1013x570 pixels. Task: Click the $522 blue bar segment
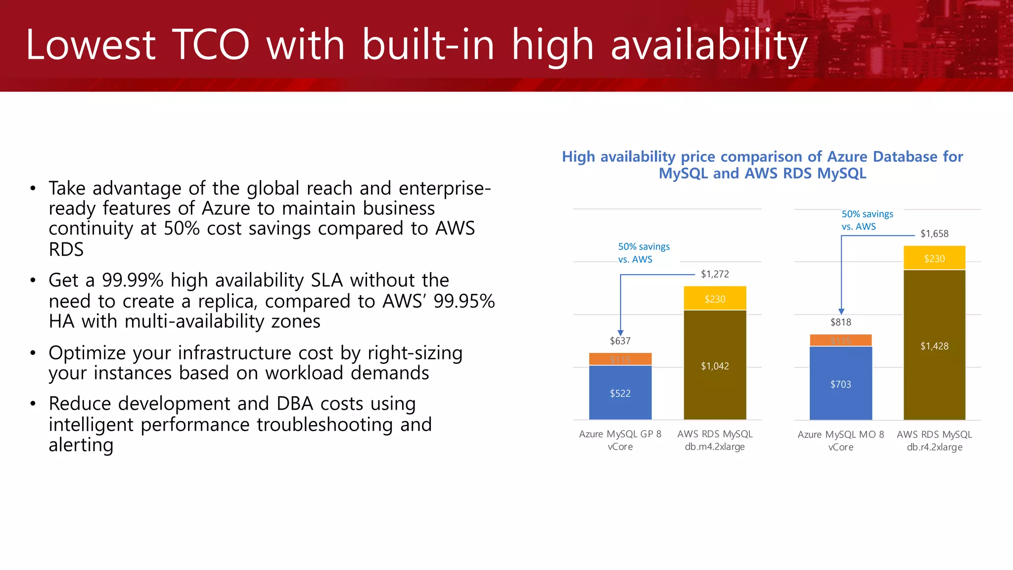(x=620, y=393)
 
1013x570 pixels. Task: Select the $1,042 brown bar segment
(x=715, y=366)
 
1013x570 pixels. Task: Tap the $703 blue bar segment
(x=840, y=384)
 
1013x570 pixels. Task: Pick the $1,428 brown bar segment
(x=934, y=346)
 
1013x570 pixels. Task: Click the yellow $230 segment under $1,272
(x=715, y=299)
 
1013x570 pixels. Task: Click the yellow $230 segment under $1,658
(x=934, y=258)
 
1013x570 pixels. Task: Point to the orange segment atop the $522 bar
(x=620, y=359)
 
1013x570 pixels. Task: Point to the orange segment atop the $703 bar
(x=840, y=340)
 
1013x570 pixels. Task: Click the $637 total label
(x=620, y=341)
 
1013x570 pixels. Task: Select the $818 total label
(x=840, y=322)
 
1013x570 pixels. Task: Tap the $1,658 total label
(x=934, y=234)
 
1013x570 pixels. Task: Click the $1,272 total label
(x=715, y=274)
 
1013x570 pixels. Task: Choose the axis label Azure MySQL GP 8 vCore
(x=620, y=440)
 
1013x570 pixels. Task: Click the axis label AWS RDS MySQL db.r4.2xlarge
(x=934, y=440)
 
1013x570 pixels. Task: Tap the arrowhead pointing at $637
(x=620, y=333)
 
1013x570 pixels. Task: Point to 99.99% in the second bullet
(x=133, y=281)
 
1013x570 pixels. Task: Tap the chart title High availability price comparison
(x=762, y=165)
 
